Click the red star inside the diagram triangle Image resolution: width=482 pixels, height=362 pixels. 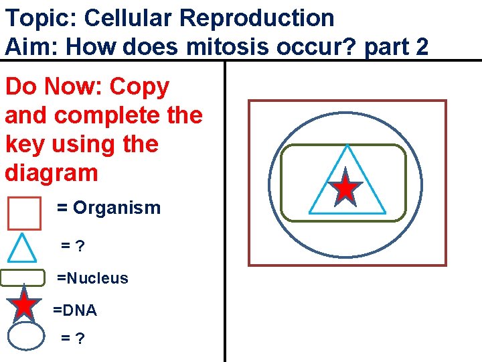[x=345, y=188]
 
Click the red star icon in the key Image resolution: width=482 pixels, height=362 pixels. [x=25, y=305]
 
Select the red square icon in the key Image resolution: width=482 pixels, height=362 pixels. [x=24, y=213]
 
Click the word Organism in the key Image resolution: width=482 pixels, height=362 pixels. [x=116, y=208]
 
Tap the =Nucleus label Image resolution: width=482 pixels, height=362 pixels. [x=92, y=278]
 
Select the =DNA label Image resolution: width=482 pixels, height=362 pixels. [x=75, y=310]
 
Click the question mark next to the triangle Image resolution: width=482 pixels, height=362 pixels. [x=80, y=247]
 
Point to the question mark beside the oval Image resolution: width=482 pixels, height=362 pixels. [x=80, y=339]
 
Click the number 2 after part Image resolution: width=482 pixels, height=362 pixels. [x=421, y=47]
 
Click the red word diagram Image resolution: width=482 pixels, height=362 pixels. [x=52, y=173]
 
